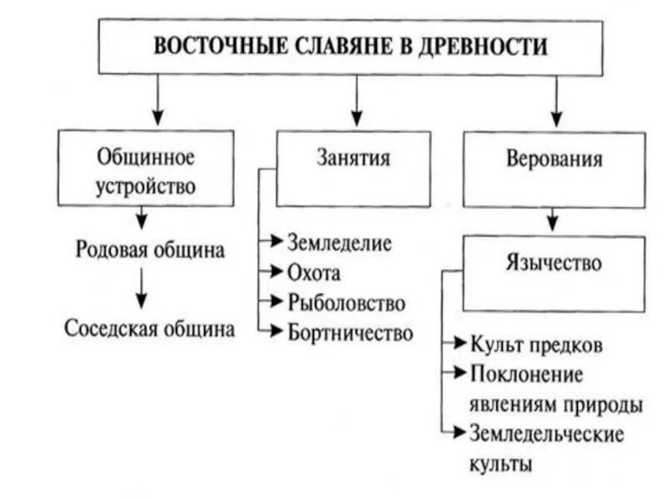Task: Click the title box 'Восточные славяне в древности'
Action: [350, 47]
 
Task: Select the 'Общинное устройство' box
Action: [146, 169]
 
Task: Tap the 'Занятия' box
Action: [353, 169]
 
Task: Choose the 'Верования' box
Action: [554, 169]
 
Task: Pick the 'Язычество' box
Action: [553, 274]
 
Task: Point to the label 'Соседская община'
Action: [149, 328]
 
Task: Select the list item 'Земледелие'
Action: [339, 243]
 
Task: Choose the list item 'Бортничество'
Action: [350, 333]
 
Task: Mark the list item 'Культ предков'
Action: [536, 344]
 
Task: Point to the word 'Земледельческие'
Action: [546, 433]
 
